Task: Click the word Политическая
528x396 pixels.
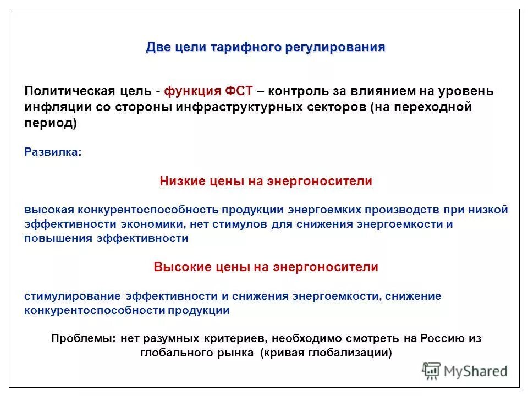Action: click(x=69, y=91)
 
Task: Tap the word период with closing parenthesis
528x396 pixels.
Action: click(x=51, y=123)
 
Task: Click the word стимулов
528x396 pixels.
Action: click(x=244, y=224)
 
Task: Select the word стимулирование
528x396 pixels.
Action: click(x=73, y=296)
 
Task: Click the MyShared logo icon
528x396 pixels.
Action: click(x=432, y=371)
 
